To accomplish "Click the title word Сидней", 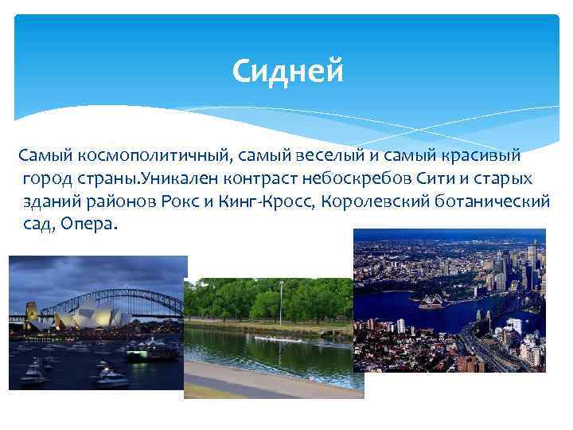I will click(x=288, y=72).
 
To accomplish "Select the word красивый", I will click(x=474, y=152).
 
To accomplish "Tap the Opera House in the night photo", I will click(x=88, y=315).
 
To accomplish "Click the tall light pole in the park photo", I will click(x=281, y=303).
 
